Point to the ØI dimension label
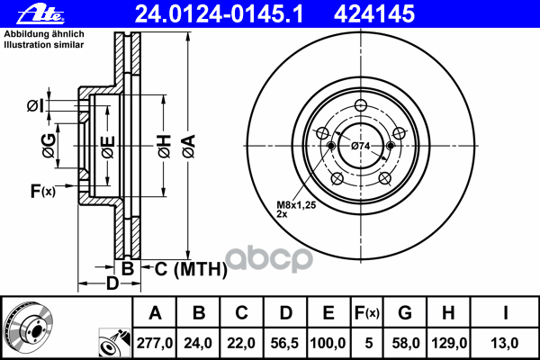point(33,106)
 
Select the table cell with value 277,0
point(155,343)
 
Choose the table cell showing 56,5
point(286,343)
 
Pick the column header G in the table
point(405,313)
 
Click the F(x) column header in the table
point(367,313)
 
